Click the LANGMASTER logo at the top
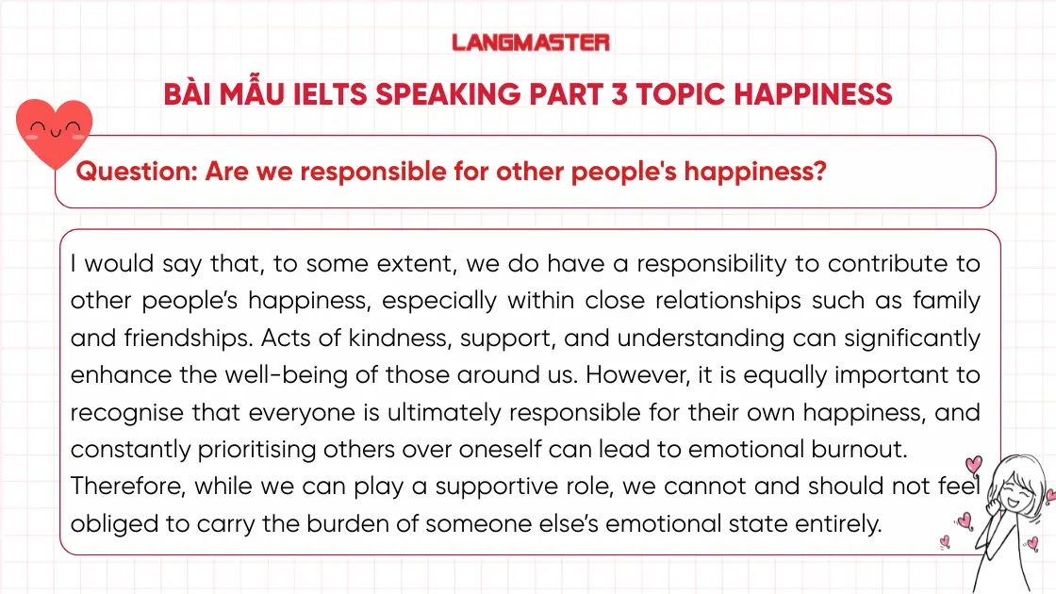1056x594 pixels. [x=531, y=42]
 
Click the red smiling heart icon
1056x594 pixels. [x=56, y=133]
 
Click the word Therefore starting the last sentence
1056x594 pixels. [x=128, y=487]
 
